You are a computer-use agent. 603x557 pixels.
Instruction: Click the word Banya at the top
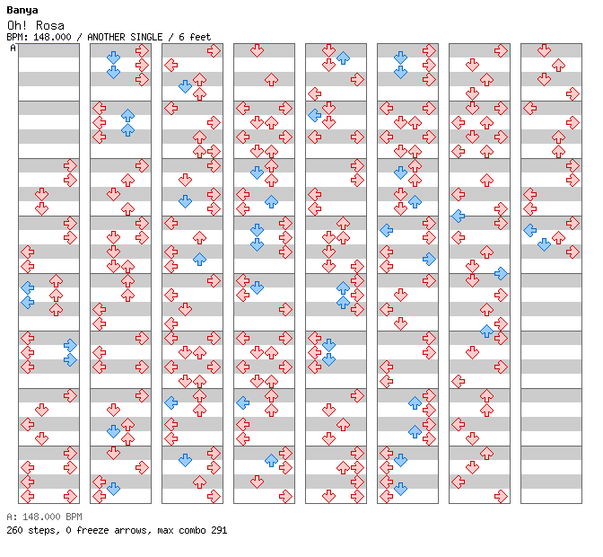pos(22,11)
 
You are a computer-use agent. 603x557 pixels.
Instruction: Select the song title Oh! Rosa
pos(36,25)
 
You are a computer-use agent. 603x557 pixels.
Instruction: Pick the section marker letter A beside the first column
pos(13,49)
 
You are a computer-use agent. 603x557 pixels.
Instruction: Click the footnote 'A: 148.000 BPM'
pos(44,517)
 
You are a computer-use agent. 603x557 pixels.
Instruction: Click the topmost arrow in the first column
pos(70,166)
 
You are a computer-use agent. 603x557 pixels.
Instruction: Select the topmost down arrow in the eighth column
pos(544,50)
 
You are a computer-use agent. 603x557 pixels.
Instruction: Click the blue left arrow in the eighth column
pos(530,231)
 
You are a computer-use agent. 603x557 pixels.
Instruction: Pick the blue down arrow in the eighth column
pos(544,245)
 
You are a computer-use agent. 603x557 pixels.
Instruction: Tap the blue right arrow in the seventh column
pos(501,274)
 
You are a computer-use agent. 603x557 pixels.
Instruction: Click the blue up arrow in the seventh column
pos(487,331)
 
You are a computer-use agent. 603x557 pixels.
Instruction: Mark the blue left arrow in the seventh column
pos(458,217)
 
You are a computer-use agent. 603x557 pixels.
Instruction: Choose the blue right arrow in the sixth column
pos(429,259)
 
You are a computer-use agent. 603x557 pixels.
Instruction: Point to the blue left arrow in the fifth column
pos(315,116)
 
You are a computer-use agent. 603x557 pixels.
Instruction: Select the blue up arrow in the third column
pos(199,259)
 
